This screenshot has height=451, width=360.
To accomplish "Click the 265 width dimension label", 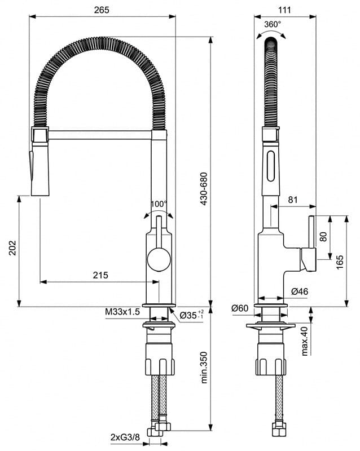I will (x=102, y=10).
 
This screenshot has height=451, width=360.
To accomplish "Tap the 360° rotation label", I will (x=272, y=24).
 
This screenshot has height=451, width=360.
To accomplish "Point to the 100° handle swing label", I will (x=159, y=204).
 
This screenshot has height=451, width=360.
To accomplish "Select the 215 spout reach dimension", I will (x=100, y=275).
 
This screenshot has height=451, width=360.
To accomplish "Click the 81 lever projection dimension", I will (x=293, y=199).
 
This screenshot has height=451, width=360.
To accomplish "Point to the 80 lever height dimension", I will (x=323, y=237).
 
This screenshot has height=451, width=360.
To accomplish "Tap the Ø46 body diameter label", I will (x=299, y=291).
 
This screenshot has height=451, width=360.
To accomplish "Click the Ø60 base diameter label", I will (x=240, y=308).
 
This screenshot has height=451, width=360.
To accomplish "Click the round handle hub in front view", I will (x=157, y=260).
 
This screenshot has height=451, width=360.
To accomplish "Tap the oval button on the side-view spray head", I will (x=272, y=166).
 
